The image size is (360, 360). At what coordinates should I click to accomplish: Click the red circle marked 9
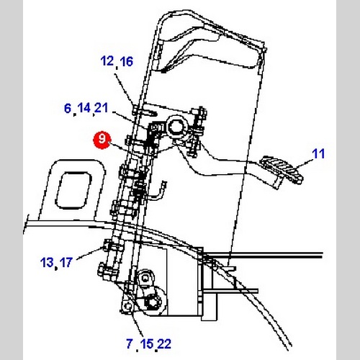102,140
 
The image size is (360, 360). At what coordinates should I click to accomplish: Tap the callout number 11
318,154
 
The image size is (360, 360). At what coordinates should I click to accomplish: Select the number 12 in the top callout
107,61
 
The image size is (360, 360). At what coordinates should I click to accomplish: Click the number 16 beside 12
126,61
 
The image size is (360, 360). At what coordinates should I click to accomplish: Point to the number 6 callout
68,108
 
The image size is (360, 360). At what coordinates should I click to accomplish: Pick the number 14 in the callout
84,108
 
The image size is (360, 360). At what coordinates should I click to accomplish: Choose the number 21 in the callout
102,108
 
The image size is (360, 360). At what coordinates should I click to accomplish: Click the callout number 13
47,262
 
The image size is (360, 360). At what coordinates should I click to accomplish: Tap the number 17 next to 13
66,262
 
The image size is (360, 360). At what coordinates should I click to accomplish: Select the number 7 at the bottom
130,343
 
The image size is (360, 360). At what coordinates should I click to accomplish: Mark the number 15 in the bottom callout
147,344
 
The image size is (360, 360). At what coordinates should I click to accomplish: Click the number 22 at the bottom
165,344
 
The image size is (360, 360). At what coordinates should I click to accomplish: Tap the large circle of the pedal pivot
177,127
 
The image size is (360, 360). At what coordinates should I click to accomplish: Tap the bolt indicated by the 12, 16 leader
136,109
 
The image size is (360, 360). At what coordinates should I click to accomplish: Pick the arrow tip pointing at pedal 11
295,168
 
